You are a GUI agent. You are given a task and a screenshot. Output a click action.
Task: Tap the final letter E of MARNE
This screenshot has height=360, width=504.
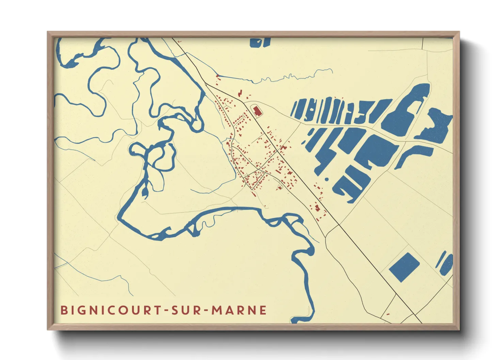coord(263,310)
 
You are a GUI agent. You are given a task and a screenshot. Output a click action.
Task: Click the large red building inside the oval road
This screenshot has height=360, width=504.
coord(257,111)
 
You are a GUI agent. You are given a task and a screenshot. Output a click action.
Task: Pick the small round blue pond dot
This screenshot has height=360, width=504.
coord(327,179)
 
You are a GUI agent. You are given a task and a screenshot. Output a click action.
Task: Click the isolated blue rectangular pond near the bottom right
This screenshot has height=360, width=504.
coord(404,267)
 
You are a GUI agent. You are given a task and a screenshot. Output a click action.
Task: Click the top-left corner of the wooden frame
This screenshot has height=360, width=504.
coord(48,33)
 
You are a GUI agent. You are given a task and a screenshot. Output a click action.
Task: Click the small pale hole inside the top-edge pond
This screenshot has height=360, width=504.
coord(258,42)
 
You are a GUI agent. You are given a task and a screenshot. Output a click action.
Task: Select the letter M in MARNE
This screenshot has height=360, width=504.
coord(217,310)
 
